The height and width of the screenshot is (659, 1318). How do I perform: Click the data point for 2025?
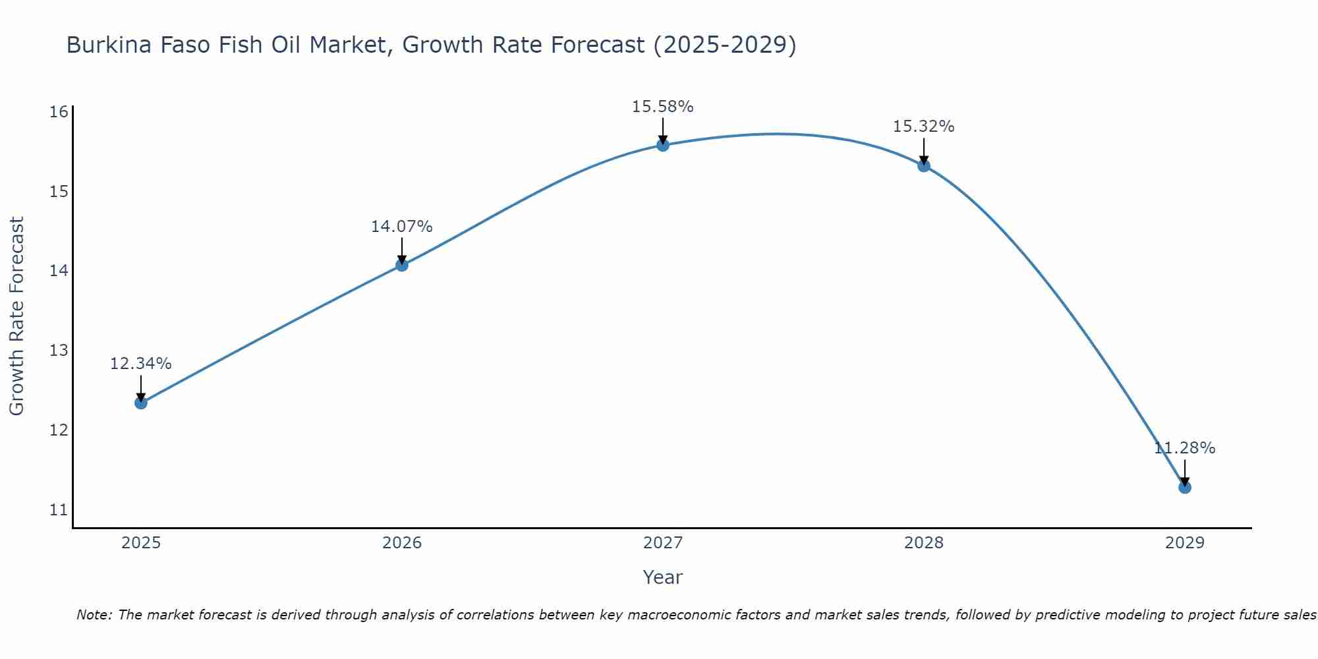(x=141, y=403)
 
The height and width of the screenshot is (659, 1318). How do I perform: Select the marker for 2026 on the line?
(x=402, y=265)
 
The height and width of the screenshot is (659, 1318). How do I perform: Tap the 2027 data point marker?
(x=663, y=145)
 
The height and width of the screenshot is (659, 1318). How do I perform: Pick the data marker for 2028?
(x=924, y=165)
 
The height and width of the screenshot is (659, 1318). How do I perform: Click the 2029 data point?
(x=1185, y=488)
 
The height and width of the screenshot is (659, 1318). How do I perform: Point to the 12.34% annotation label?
(x=141, y=364)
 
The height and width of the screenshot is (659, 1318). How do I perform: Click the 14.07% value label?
(x=402, y=227)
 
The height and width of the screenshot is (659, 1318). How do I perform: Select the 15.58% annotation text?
(x=663, y=107)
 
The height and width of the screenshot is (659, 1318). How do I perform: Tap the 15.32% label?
(x=924, y=127)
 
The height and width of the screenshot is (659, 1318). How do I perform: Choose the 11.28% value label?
(x=1185, y=448)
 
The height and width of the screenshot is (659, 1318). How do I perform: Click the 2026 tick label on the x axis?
(x=402, y=543)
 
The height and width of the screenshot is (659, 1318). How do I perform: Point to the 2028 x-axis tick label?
(x=924, y=543)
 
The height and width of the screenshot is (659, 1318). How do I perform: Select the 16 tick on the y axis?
(x=59, y=111)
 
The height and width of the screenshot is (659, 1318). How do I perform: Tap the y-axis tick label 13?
(x=59, y=350)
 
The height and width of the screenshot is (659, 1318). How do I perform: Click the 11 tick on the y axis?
(x=59, y=509)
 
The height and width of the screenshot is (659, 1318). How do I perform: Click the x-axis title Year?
(x=663, y=577)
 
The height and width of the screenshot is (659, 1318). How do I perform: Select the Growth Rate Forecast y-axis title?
(x=16, y=316)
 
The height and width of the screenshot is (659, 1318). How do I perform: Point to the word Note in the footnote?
(x=94, y=615)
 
